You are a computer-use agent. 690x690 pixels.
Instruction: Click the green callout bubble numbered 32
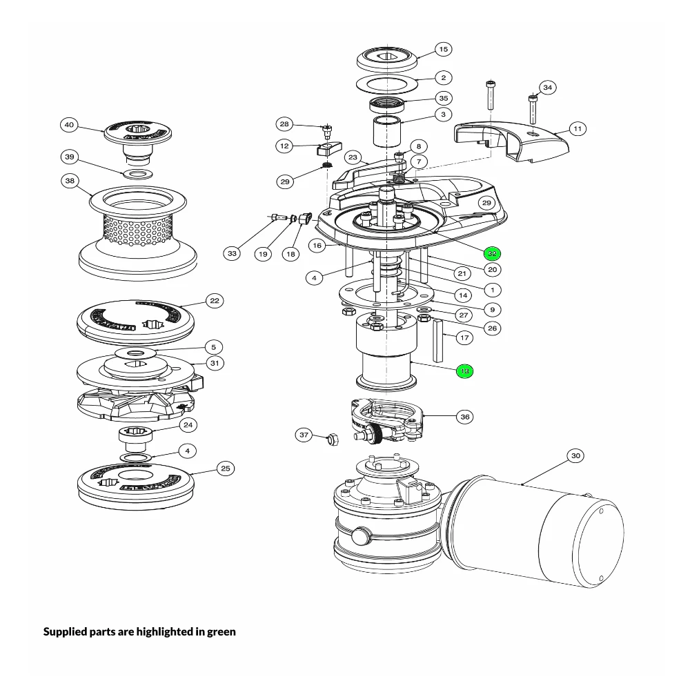(491, 253)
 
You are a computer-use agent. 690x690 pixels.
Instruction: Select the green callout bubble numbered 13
(464, 371)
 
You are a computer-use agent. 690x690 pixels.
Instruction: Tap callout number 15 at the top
(443, 49)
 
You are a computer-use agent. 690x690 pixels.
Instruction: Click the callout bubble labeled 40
(69, 125)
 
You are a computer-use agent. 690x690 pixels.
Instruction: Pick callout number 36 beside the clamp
(464, 417)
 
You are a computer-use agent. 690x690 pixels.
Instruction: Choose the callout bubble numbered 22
(215, 301)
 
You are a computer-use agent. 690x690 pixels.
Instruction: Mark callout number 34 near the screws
(547, 88)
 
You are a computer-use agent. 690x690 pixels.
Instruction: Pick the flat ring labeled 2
(387, 85)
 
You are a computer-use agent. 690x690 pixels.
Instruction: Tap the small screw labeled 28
(328, 129)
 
